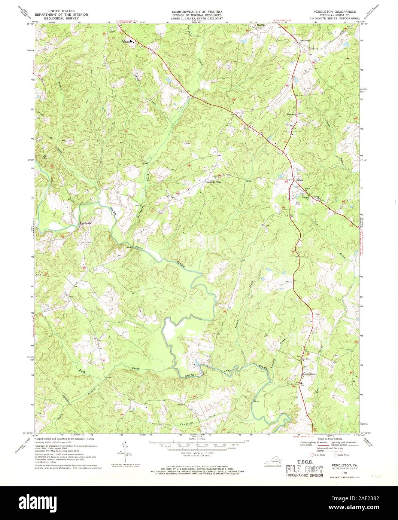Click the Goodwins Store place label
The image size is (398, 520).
(x=213, y=182)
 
